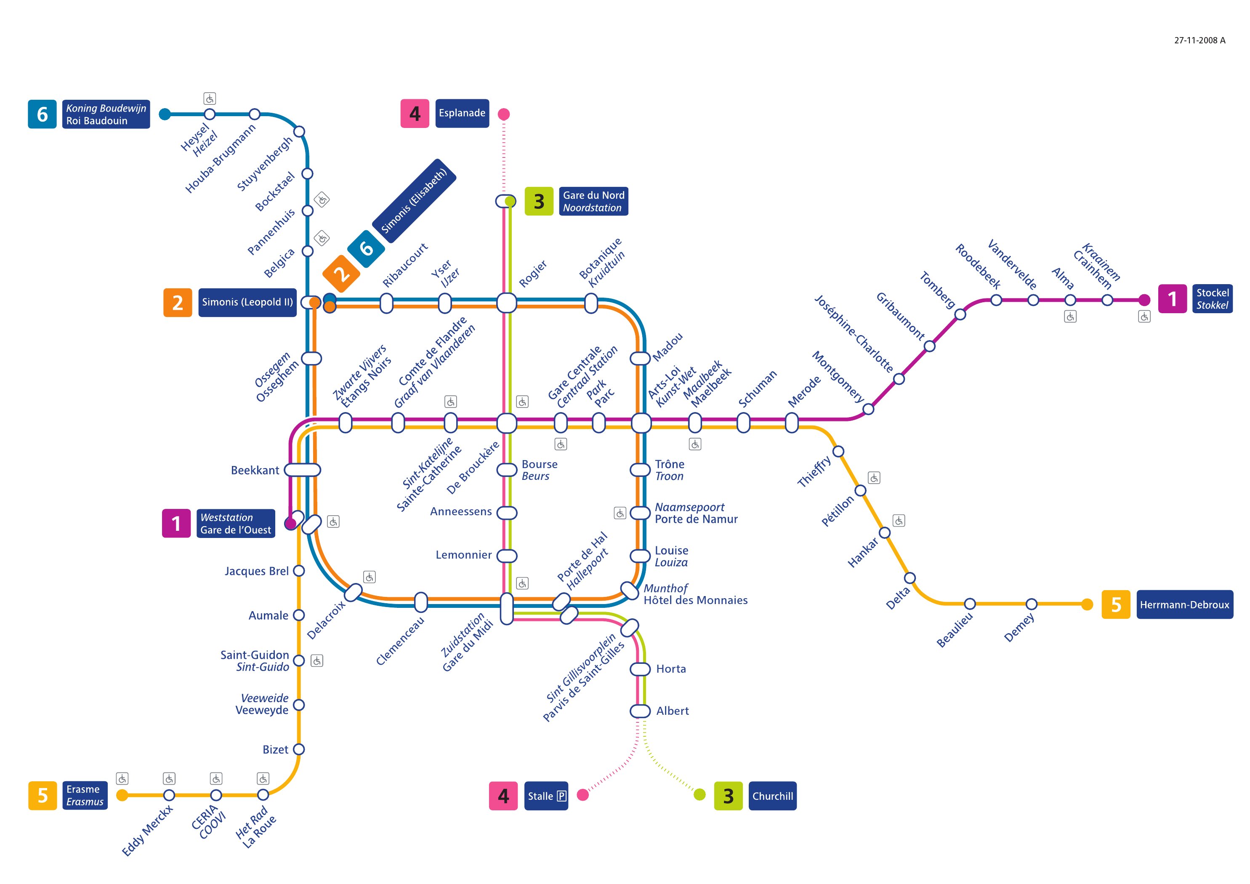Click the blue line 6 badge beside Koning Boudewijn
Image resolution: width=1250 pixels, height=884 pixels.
[x=42, y=114]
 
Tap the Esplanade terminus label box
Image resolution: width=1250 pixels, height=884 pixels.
[x=462, y=113]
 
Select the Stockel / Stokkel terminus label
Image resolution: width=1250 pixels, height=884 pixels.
[x=1213, y=298]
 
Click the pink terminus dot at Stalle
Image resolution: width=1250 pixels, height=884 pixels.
[x=582, y=795]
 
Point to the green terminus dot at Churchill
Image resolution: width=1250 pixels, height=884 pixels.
[x=699, y=795]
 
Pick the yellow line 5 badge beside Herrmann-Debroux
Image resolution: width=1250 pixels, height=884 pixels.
[x=1115, y=604]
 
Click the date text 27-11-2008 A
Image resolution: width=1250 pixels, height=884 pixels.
[x=1199, y=40]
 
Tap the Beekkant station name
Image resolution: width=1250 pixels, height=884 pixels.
[x=255, y=470]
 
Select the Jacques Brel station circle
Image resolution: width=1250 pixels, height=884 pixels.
[x=299, y=571]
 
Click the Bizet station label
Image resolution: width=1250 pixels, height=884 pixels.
[x=276, y=749]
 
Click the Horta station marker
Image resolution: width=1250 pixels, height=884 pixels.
[x=640, y=669]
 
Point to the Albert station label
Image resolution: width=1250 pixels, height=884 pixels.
[x=673, y=711]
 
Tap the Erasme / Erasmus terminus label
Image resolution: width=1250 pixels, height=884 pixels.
[x=85, y=795]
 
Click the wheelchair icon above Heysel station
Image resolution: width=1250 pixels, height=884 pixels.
[x=210, y=99]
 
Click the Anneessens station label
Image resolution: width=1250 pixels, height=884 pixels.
[x=460, y=511]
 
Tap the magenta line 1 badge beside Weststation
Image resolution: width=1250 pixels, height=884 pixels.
[x=176, y=523]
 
